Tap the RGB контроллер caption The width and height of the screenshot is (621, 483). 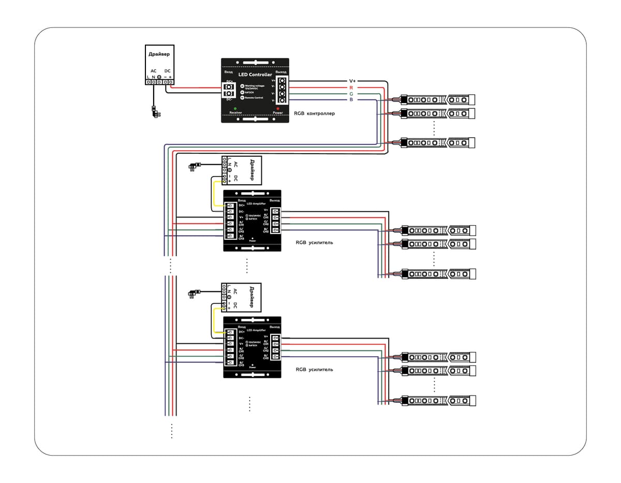(x=314, y=113)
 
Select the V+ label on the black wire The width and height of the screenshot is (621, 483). (x=352, y=81)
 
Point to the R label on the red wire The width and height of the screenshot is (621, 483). (x=351, y=87)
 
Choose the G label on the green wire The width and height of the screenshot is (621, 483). (x=351, y=94)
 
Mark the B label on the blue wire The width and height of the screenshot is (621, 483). (x=351, y=99)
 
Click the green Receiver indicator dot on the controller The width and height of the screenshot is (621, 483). (x=235, y=108)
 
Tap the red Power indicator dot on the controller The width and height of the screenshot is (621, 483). (x=278, y=108)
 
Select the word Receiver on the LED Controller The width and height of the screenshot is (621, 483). (x=235, y=112)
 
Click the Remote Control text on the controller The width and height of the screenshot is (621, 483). (x=254, y=97)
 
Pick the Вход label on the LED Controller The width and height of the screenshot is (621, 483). (x=228, y=71)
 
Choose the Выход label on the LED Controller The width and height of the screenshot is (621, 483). (x=280, y=71)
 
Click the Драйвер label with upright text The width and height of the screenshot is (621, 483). (x=159, y=54)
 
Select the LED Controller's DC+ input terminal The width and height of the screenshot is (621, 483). (x=228, y=86)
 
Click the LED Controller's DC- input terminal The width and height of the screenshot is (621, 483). (x=228, y=94)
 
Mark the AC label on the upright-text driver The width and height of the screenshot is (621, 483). (x=153, y=71)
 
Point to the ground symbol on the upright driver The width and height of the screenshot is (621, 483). (x=159, y=81)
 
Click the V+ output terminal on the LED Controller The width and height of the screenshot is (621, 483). (x=282, y=81)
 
